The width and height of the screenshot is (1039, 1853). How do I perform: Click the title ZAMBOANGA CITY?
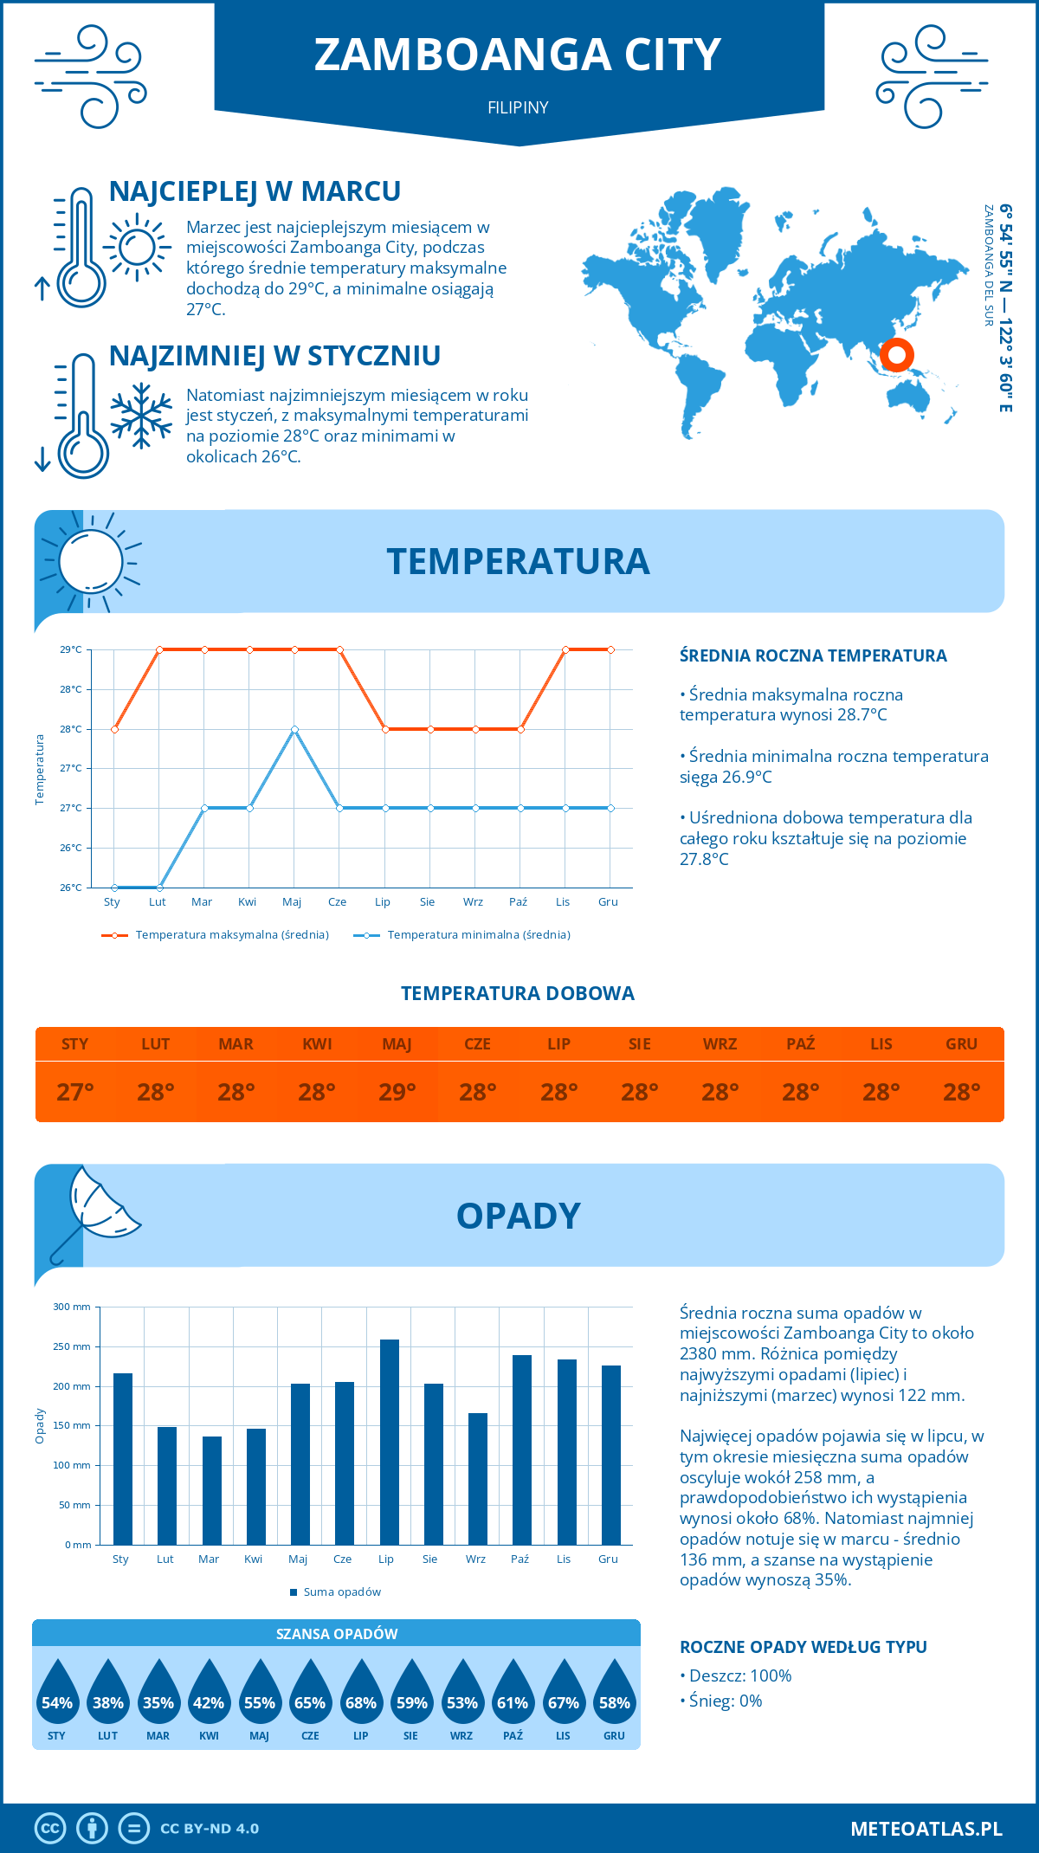pyautogui.click(x=518, y=55)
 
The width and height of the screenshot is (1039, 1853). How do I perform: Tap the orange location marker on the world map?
pyautogui.click(x=897, y=354)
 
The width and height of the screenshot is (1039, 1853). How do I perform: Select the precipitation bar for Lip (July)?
pyautogui.click(x=390, y=1442)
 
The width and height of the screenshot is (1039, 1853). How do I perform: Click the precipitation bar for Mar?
pyautogui.click(x=212, y=1490)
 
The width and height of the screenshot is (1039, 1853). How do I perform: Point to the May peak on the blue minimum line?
pyautogui.click(x=295, y=729)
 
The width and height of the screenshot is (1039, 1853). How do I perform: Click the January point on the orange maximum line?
pyautogui.click(x=114, y=729)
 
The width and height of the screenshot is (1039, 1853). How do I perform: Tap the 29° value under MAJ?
pyautogui.click(x=397, y=1092)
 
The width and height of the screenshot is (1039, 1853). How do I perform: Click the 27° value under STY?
pyautogui.click(x=75, y=1092)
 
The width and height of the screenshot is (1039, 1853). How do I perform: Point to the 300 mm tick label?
pyautogui.click(x=73, y=1307)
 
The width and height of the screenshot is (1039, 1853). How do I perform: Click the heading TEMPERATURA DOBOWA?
pyautogui.click(x=518, y=993)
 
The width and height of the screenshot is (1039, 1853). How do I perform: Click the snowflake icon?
pyautogui.click(x=141, y=416)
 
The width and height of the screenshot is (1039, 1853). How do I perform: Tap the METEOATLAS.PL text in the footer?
pyautogui.click(x=926, y=1829)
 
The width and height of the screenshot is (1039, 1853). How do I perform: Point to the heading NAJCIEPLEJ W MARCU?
pyautogui.click(x=255, y=191)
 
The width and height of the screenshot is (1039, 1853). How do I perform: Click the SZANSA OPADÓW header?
pyautogui.click(x=337, y=1634)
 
